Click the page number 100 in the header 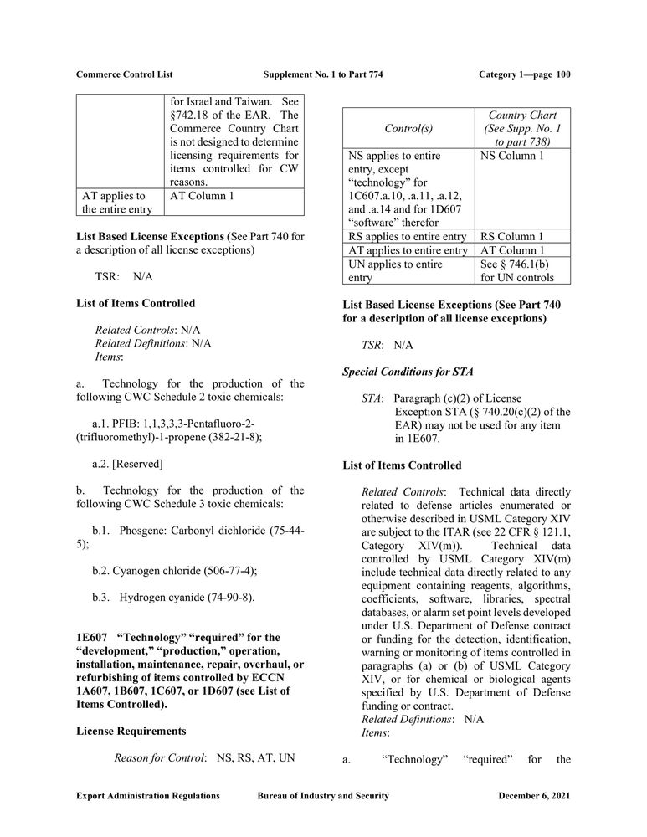562,74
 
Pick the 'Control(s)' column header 408,129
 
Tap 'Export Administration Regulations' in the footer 148,796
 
